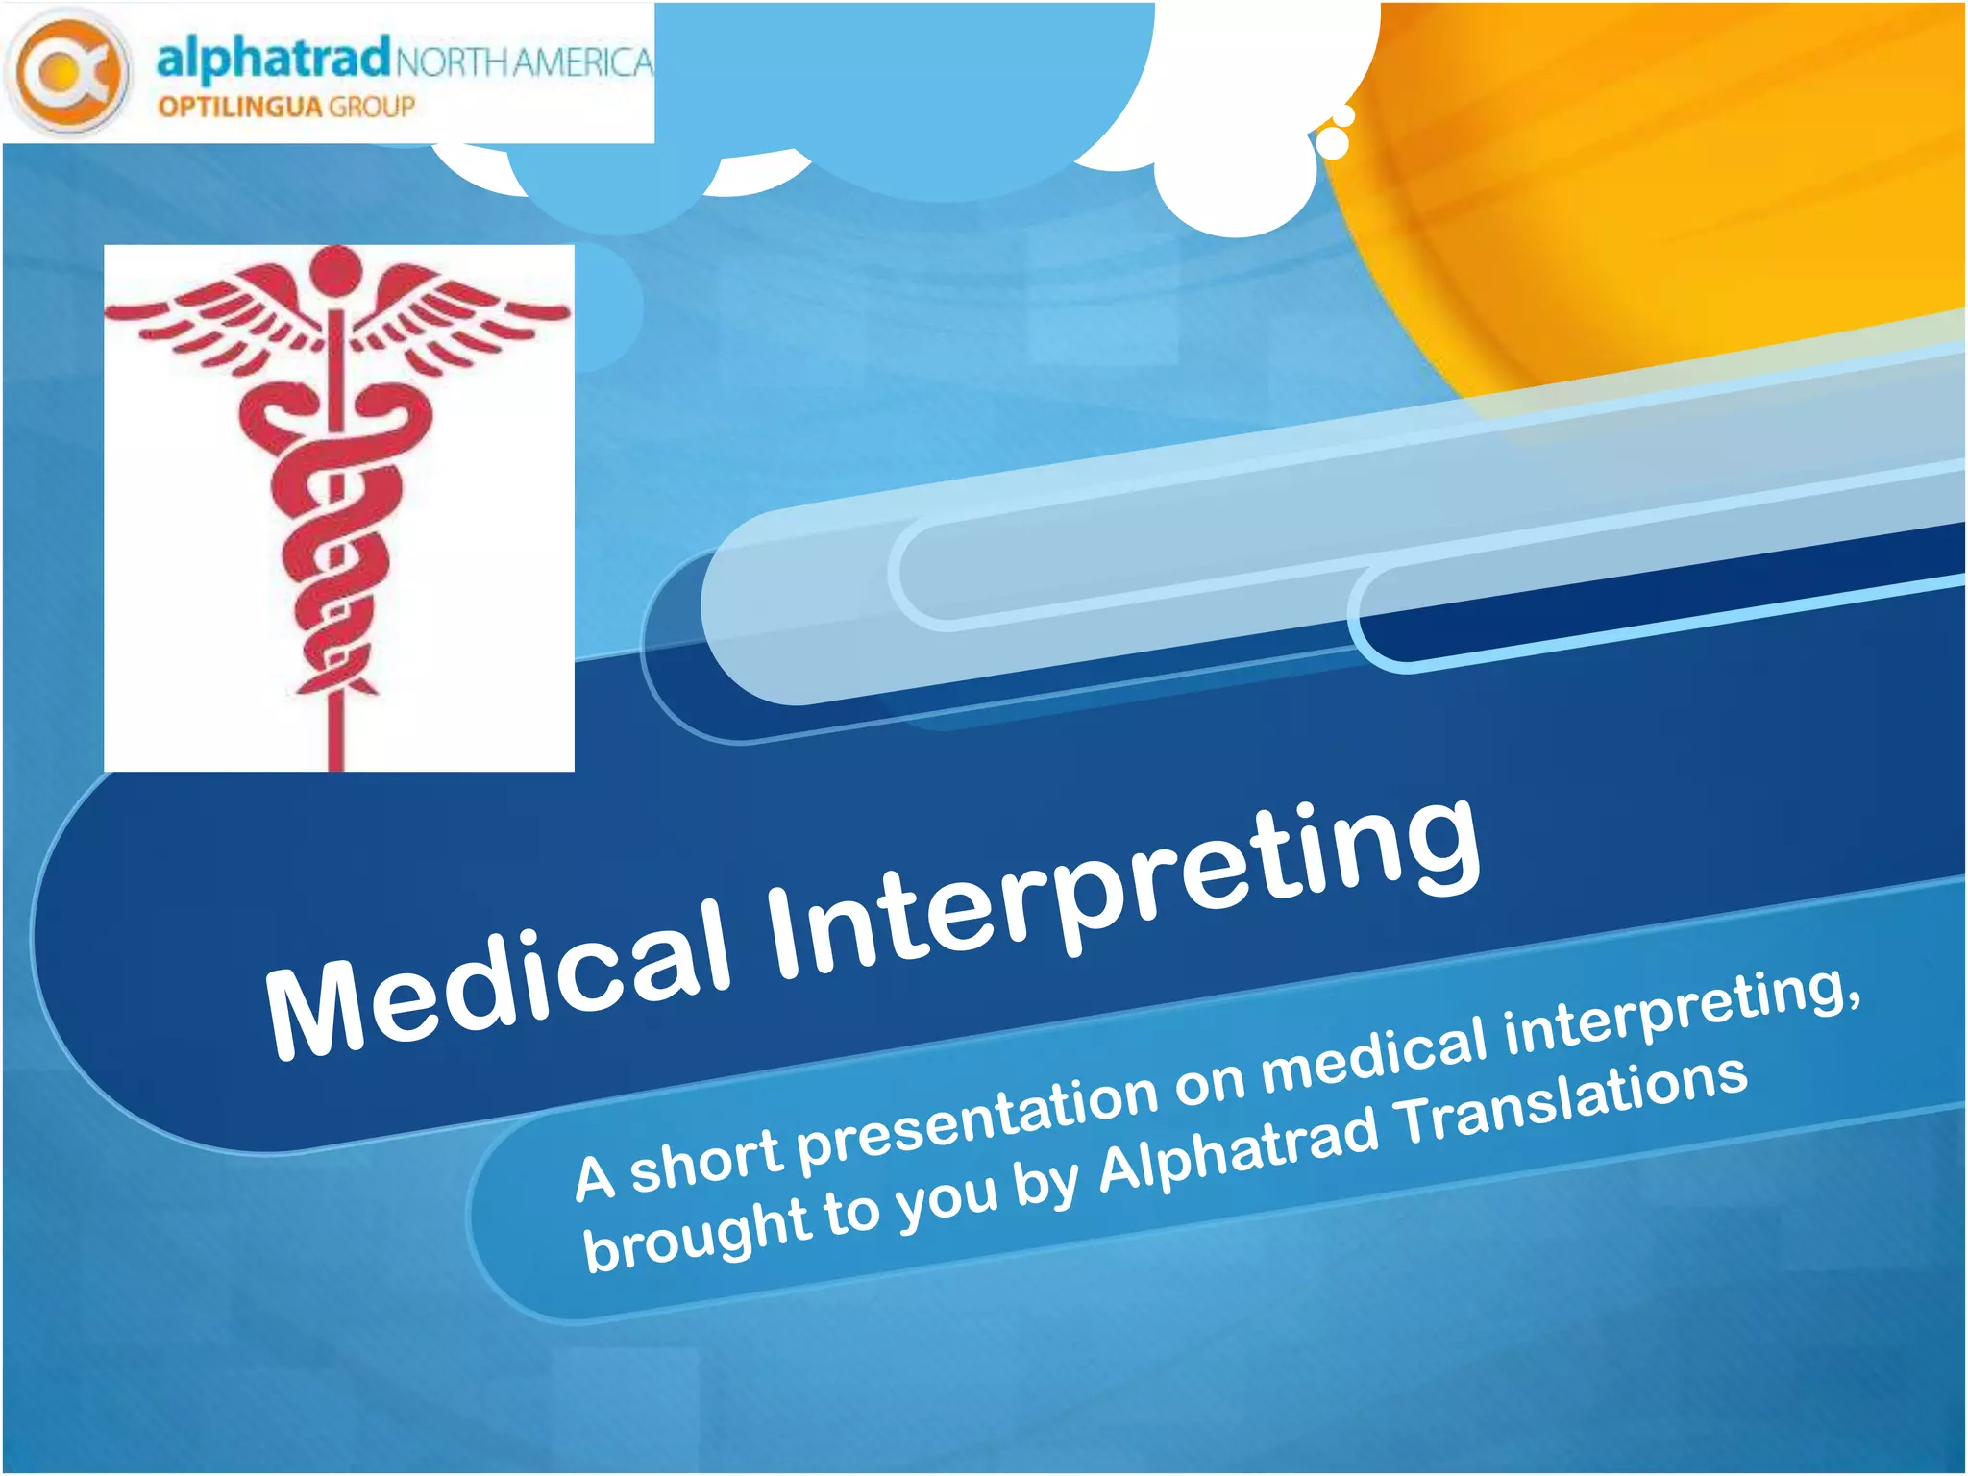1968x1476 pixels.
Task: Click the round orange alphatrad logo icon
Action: [67, 71]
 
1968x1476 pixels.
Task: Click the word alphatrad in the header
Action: [273, 58]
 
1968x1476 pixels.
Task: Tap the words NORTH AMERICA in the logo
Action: [524, 62]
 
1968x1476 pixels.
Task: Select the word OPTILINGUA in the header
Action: [241, 107]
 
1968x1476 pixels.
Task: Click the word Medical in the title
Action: [500, 980]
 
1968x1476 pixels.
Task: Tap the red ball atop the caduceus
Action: [335, 271]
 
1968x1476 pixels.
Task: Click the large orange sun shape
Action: [1682, 173]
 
